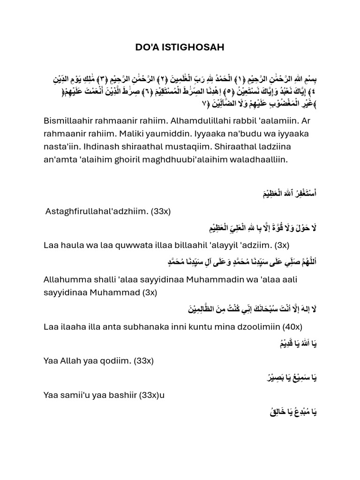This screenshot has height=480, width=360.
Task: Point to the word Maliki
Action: [142, 134]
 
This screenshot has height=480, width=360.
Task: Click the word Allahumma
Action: [65, 279]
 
